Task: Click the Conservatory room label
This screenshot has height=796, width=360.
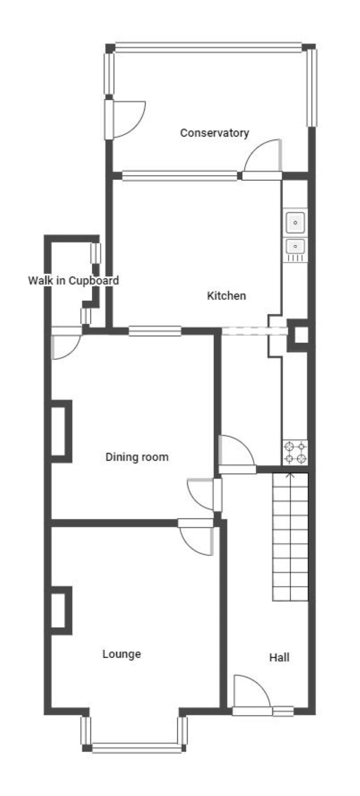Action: [x=214, y=133]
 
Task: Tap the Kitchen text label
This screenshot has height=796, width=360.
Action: [x=226, y=295]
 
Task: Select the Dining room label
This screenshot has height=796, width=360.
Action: [x=137, y=457]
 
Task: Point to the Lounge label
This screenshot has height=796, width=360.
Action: [x=121, y=654]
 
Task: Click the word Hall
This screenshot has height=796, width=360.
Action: [x=279, y=657]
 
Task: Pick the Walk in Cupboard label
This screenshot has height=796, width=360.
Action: [x=74, y=280]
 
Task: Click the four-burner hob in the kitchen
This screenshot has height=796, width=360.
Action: [x=296, y=452]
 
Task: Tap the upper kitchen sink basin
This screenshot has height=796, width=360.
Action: [x=296, y=223]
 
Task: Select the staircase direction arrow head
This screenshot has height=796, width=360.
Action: [x=290, y=475]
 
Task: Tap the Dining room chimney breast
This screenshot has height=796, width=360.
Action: [x=61, y=431]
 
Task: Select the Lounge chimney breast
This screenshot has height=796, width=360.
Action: [x=61, y=610]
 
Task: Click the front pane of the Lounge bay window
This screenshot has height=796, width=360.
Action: [x=136, y=748]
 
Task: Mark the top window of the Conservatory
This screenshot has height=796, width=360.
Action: [x=208, y=47]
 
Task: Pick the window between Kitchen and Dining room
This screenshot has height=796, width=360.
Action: [x=155, y=331]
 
